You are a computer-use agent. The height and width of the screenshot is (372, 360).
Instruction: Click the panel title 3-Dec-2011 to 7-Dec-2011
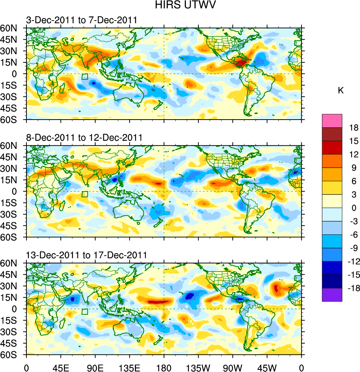[81, 20]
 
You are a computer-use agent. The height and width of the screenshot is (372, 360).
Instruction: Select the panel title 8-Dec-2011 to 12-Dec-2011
[84, 138]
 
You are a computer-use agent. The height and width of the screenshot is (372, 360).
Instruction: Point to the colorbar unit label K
[341, 91]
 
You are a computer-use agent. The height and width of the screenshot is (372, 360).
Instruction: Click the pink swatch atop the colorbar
[332, 120]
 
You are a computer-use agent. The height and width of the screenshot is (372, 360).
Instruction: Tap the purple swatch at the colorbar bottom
[332, 295]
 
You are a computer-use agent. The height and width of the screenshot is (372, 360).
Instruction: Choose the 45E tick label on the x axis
[61, 367]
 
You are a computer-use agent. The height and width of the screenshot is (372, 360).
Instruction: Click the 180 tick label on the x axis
[164, 367]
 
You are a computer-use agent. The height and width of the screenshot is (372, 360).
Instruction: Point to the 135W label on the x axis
[198, 367]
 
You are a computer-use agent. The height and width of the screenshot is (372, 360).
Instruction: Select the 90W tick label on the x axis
[233, 367]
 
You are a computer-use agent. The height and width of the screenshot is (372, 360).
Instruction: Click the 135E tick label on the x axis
[129, 367]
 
